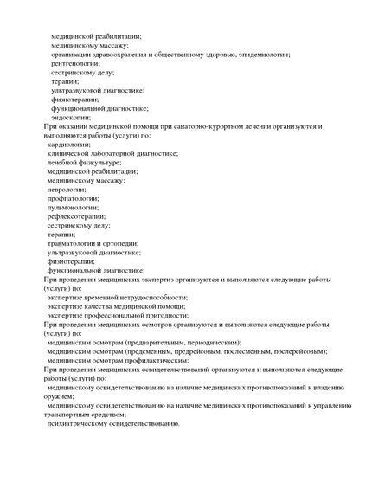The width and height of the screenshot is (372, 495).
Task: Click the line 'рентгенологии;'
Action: coord(75,63)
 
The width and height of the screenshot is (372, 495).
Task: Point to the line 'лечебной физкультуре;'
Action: coord(84,162)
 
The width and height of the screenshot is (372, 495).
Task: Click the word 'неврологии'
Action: coord(67,189)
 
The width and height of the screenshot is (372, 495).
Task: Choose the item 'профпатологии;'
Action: coord(73,198)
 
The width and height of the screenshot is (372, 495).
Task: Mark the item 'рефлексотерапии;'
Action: coord(76,216)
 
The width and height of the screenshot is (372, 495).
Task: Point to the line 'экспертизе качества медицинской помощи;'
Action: coord(117,306)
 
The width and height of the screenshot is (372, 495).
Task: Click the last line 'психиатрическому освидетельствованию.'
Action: coord(113,423)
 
